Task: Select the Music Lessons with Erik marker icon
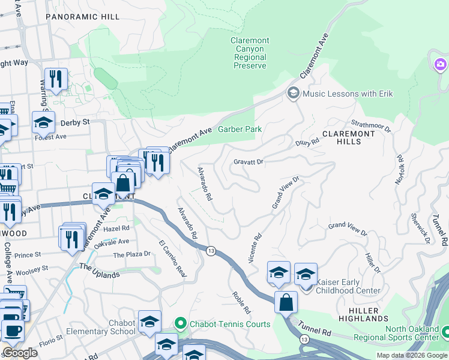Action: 294,93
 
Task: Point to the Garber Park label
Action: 240,129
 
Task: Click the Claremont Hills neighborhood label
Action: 350,137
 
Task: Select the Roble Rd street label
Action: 241,304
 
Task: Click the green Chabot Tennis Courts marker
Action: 180,324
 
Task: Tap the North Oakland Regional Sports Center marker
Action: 445,332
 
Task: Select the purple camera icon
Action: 440,64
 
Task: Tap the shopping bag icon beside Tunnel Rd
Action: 286,301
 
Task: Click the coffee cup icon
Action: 12,330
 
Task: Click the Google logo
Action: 20,353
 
